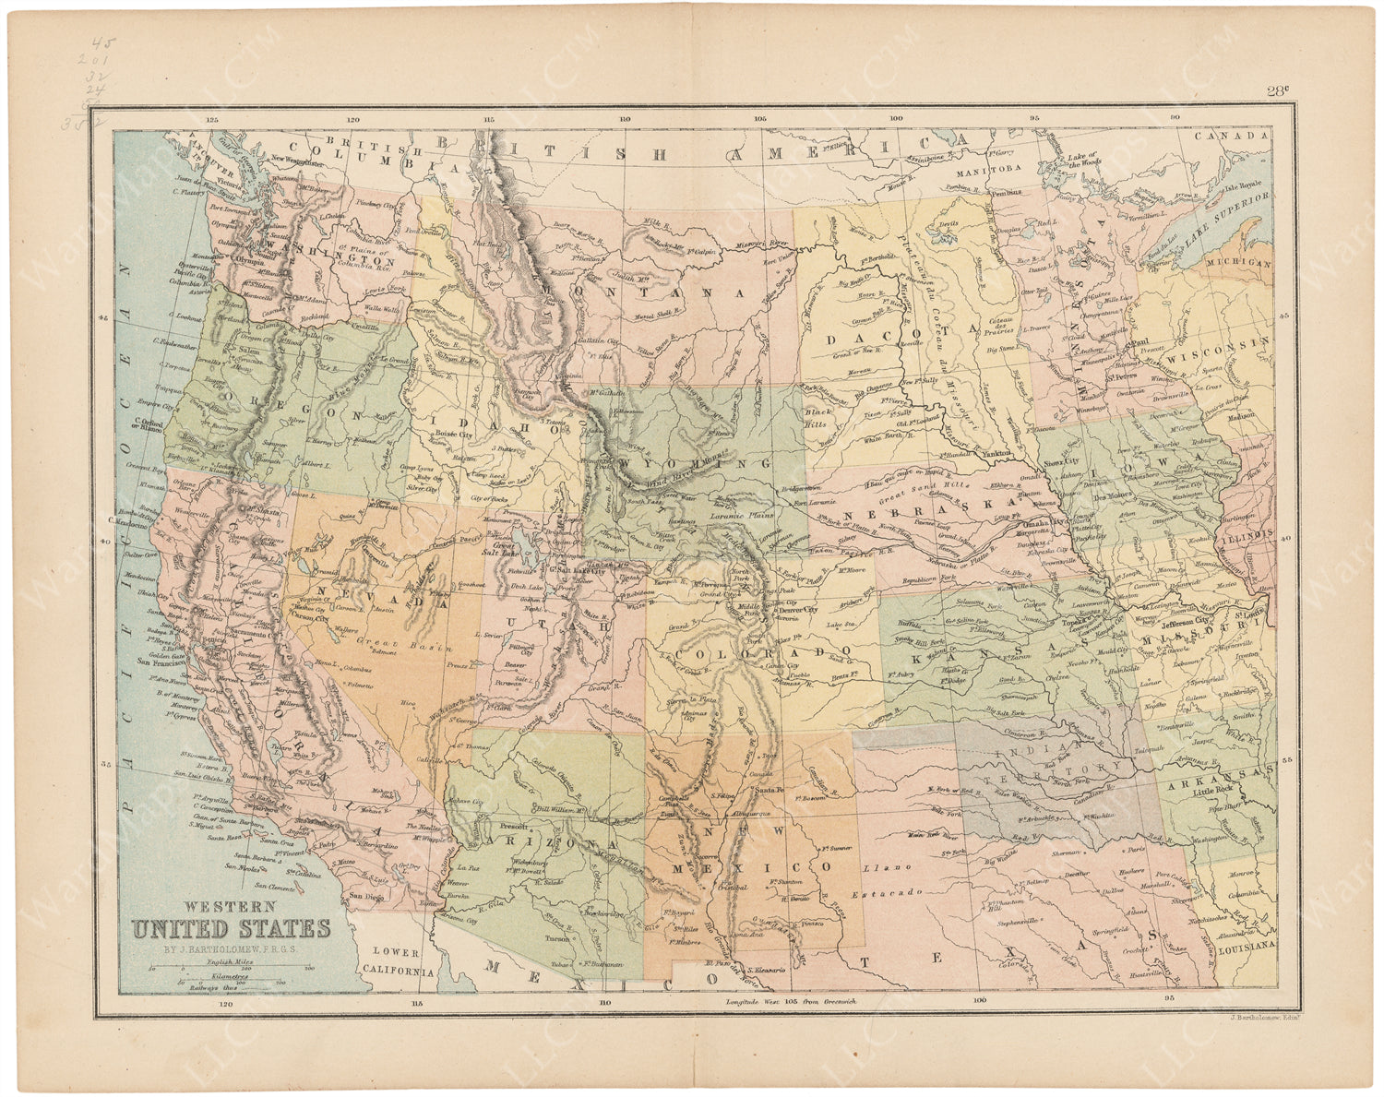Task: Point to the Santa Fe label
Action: tap(770, 790)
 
